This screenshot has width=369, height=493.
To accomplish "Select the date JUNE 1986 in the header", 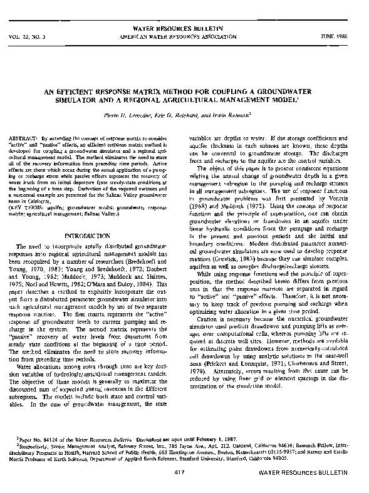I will point(339,36).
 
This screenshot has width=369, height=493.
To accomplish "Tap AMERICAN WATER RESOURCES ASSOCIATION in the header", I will point(184,36).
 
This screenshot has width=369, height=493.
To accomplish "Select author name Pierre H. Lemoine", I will point(157,114).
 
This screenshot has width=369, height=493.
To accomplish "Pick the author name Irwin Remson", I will point(246,114).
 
